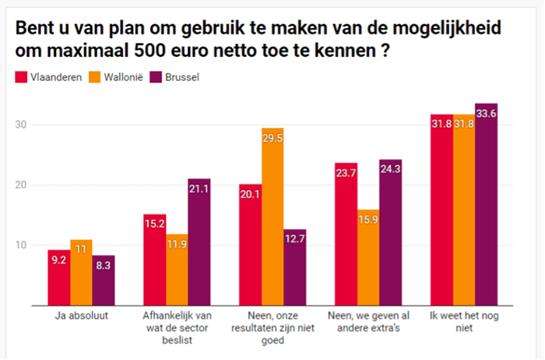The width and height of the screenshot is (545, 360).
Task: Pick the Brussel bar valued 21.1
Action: click(199, 242)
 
